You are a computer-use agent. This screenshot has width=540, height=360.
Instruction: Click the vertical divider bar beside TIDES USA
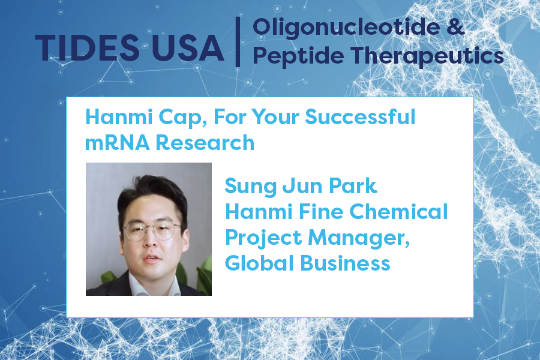point(238,41)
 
